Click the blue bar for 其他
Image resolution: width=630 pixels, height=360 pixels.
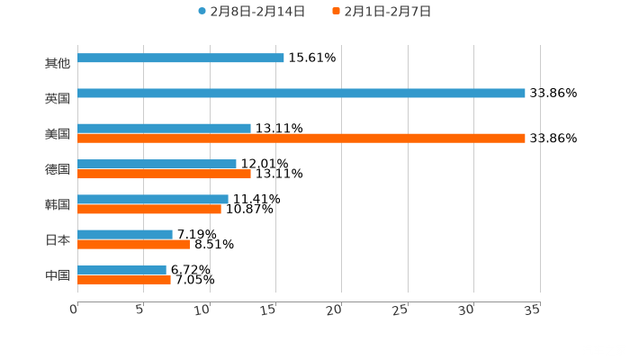point(181,58)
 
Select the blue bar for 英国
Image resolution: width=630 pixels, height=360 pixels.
point(301,93)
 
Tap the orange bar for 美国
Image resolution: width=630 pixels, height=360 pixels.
point(301,139)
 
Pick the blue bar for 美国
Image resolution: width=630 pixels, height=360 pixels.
point(164,128)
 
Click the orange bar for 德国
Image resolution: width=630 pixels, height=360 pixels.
point(164,174)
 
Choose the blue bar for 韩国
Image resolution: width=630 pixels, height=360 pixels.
point(153,199)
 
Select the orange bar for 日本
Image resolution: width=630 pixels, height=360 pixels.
point(133,244)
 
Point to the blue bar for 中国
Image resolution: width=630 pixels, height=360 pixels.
point(121,269)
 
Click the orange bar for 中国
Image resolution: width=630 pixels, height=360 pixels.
point(124,279)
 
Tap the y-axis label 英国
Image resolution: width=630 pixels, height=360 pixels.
point(58,98)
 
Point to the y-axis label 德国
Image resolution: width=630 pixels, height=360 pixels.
point(58,169)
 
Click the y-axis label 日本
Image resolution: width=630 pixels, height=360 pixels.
point(58,240)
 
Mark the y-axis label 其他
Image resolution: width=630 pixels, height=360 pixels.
point(58,63)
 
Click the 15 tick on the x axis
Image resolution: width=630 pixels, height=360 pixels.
point(269,310)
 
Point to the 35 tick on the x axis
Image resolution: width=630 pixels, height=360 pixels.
point(532,310)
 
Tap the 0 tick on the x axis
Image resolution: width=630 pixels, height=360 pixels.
point(75,310)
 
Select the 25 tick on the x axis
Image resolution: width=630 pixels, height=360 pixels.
point(401,310)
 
